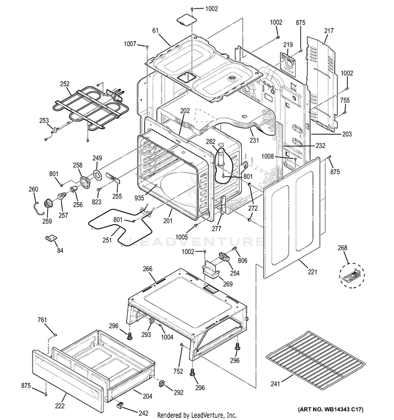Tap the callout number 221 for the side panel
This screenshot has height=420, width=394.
point(313,272)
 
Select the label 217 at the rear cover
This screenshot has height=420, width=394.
point(329,31)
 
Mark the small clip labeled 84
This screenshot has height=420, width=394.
point(52,238)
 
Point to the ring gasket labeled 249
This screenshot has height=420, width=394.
point(98,175)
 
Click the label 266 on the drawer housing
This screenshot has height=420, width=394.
point(148,269)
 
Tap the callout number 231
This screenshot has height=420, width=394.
point(255,141)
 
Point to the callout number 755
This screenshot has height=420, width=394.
point(345,100)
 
